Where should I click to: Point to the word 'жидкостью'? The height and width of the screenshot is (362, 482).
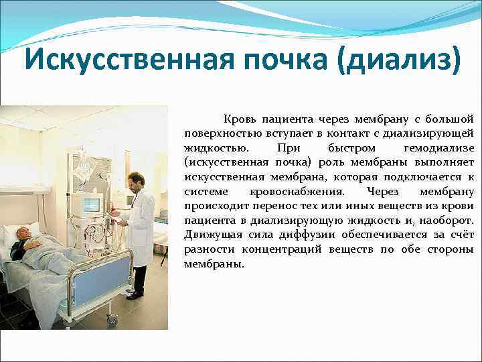[210, 147]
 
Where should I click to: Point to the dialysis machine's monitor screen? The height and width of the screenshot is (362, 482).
[91, 204]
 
